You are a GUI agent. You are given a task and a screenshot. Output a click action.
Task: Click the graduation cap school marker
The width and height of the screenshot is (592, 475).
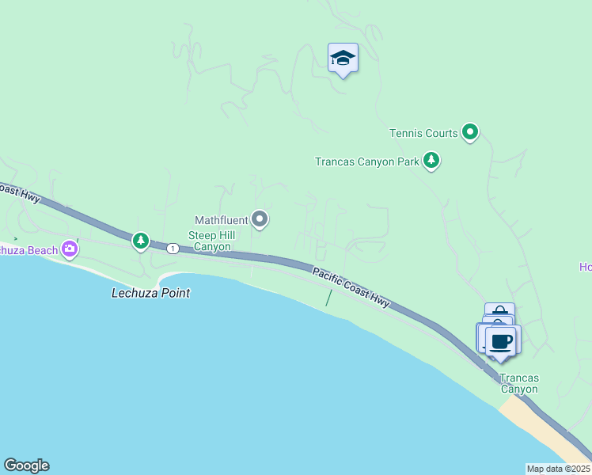click(x=343, y=59)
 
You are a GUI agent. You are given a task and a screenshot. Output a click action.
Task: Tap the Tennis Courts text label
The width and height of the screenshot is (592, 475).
click(x=423, y=133)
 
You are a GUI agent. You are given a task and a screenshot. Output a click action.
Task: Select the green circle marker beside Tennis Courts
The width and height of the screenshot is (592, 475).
click(x=470, y=132)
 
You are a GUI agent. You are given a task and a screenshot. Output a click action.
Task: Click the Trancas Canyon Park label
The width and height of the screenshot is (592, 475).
click(x=366, y=161)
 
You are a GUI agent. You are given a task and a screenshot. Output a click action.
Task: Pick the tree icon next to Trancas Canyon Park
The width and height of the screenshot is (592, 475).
click(x=431, y=161)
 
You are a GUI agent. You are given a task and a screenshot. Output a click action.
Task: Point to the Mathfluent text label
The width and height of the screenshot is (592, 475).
click(x=222, y=219)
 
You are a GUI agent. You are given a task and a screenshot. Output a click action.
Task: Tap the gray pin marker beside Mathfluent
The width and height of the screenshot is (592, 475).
click(x=260, y=219)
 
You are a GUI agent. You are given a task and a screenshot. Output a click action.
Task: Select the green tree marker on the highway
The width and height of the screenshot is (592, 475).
click(x=141, y=240)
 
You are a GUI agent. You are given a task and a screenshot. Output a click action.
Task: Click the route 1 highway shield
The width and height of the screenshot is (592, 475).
click(x=172, y=248)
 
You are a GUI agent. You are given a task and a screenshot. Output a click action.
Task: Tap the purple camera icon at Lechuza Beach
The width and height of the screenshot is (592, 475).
click(x=70, y=249)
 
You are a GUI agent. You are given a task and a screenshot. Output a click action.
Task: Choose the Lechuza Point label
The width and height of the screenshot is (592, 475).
click(x=150, y=293)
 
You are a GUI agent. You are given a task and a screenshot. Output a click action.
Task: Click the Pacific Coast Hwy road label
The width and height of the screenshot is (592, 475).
click(x=351, y=287)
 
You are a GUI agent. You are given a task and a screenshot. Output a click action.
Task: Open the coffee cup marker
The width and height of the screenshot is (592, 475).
click(x=501, y=341)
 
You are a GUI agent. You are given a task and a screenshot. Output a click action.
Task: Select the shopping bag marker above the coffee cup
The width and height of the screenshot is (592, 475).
click(x=499, y=311)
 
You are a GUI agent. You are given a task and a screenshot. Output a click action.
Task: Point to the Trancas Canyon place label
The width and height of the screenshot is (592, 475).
click(x=519, y=383)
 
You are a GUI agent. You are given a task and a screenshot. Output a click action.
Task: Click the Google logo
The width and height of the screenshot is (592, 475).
click(x=26, y=465)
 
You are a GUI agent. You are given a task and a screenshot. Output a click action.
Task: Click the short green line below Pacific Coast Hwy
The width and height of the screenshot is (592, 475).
click(x=328, y=298)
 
